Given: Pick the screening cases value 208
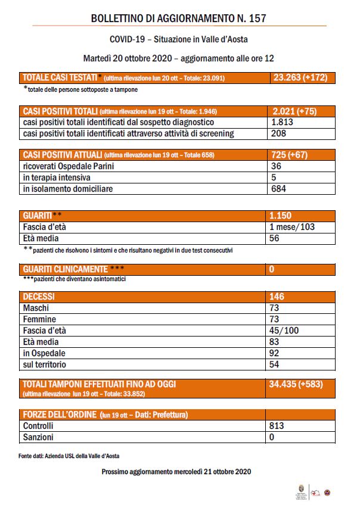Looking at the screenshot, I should [278, 133].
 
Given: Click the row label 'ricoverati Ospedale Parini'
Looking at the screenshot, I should [68, 167].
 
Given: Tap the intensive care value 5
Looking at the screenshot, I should [273, 177].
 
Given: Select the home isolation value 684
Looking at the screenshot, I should [278, 189].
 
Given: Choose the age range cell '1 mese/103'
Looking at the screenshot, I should [292, 226].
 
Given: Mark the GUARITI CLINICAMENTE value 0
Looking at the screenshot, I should [272, 269].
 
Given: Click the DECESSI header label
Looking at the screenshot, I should [39, 297].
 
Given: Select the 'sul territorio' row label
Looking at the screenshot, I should [45, 365].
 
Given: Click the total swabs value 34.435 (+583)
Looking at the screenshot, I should [296, 385].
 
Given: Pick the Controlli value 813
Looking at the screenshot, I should [277, 426].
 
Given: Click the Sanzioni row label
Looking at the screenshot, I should [38, 437].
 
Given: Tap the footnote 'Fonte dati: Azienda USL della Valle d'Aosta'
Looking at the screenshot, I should [69, 456].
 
